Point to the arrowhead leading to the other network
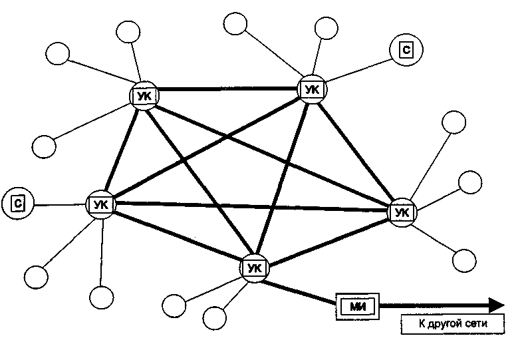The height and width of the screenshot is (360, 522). [x=495, y=305]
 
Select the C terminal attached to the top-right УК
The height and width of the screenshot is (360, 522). [x=407, y=49]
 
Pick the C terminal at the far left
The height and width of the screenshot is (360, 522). [x=18, y=202]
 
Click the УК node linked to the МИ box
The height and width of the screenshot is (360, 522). [x=254, y=268]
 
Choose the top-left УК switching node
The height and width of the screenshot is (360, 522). [x=144, y=96]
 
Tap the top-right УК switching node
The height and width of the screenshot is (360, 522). [x=311, y=89]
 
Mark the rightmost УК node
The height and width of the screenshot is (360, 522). [x=401, y=212]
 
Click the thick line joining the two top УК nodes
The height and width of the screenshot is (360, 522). [x=227, y=90]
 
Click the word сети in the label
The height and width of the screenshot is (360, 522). [x=477, y=325]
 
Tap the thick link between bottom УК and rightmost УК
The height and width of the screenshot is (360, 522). [x=327, y=240]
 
